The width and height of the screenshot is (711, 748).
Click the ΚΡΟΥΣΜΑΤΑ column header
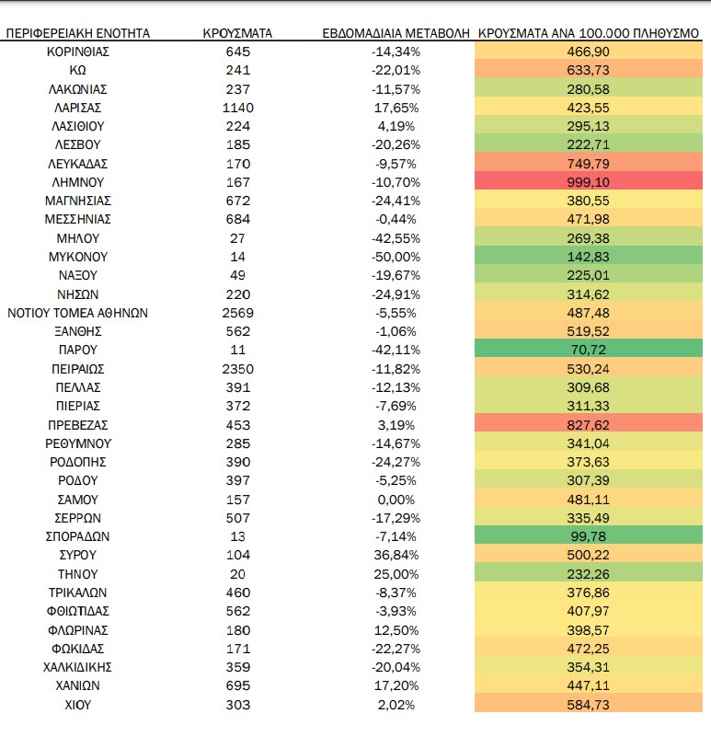pyautogui.click(x=237, y=33)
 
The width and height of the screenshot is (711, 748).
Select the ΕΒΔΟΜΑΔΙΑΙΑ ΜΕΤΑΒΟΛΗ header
pyautogui.click(x=396, y=33)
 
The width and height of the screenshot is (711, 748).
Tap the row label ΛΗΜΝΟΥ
pyautogui.click(x=78, y=182)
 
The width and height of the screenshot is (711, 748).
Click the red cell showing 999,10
pyautogui.click(x=589, y=182)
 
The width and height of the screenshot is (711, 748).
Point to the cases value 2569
pyautogui.click(x=237, y=313)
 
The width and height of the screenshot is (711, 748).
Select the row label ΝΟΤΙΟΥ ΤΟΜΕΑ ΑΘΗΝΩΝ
pyautogui.click(x=78, y=313)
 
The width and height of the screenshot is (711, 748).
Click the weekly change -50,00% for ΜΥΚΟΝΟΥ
pyautogui.click(x=396, y=257)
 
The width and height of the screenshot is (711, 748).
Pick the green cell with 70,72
pyautogui.click(x=589, y=350)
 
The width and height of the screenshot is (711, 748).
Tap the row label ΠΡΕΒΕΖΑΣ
pyautogui.click(x=78, y=425)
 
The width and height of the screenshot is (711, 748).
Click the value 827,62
pyautogui.click(x=589, y=425)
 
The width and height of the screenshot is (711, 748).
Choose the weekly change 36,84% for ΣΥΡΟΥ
pyautogui.click(x=396, y=555)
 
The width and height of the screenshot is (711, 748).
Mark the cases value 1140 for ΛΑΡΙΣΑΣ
pyautogui.click(x=237, y=108)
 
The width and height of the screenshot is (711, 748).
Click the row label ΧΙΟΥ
pyautogui.click(x=78, y=705)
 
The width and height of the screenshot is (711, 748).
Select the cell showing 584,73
pyautogui.click(x=589, y=705)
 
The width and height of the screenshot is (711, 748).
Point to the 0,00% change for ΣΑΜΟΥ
pyautogui.click(x=396, y=500)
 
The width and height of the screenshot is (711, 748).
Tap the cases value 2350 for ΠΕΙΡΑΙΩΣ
pyautogui.click(x=237, y=369)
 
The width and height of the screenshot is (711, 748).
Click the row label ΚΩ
pyautogui.click(x=78, y=70)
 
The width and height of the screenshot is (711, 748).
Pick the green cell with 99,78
pyautogui.click(x=589, y=536)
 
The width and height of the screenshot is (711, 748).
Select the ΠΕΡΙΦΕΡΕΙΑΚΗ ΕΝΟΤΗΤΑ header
pyautogui.click(x=78, y=33)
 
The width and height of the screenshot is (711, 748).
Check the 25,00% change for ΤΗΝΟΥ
pyautogui.click(x=396, y=574)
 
